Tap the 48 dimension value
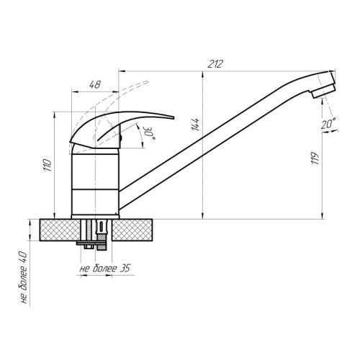(x=94, y=84)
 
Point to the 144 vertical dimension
(x=196, y=127)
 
